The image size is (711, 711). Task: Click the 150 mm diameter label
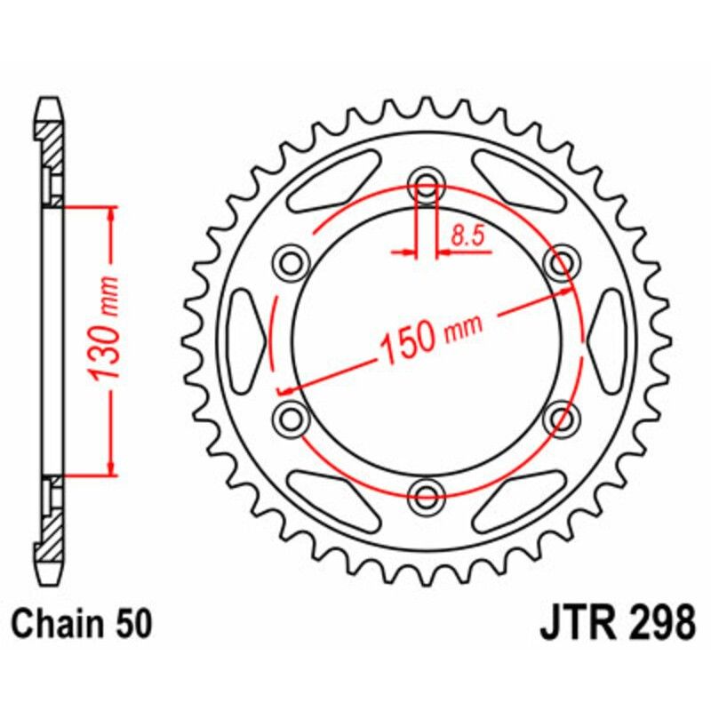[431, 336]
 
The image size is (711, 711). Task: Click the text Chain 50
[83, 622]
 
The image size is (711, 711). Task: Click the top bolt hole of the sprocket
[426, 188]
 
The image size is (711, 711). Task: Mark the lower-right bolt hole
[560, 415]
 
